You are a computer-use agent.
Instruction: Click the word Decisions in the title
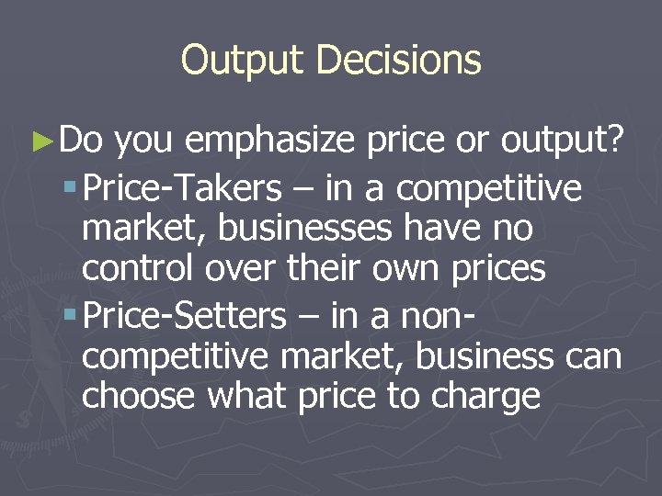(x=398, y=60)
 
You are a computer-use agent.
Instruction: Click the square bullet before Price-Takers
(x=72, y=188)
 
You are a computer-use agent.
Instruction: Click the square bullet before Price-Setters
(x=72, y=316)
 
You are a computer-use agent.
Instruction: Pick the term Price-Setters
(x=185, y=316)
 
